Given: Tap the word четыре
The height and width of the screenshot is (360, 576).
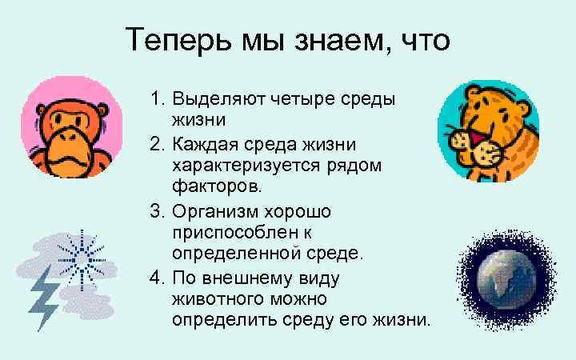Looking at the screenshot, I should pos(305,102).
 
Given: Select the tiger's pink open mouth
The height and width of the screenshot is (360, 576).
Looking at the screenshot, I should pos(482,146).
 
